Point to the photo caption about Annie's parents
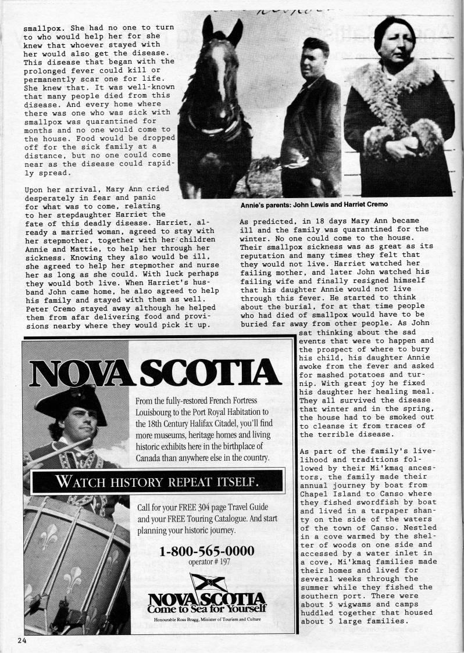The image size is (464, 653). click(314, 204)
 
